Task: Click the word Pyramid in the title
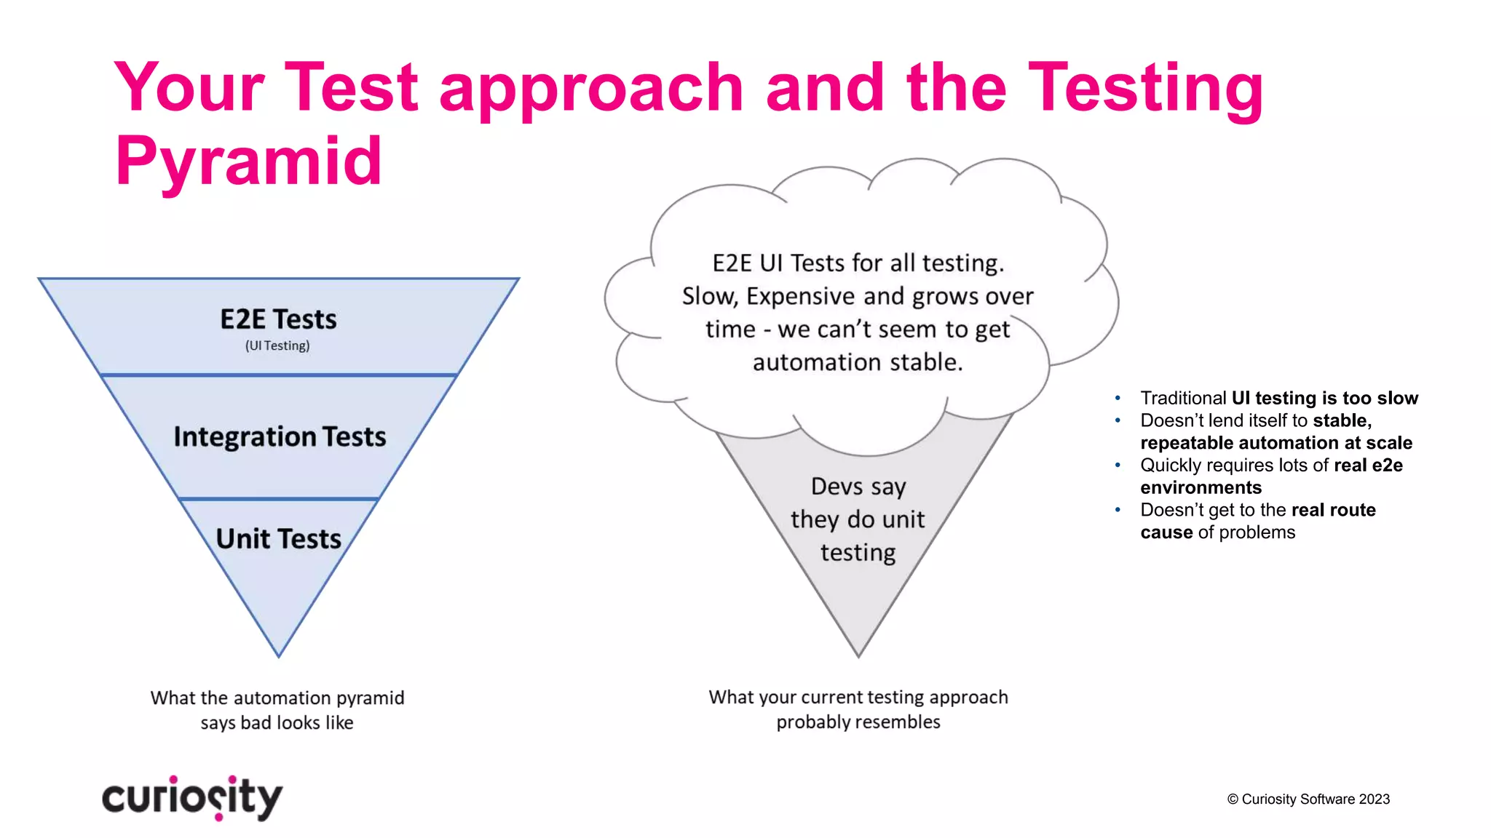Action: (248, 161)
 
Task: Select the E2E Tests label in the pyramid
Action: (278, 319)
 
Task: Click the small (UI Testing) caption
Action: (277, 346)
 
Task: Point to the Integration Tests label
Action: (280, 436)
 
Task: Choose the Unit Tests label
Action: (279, 539)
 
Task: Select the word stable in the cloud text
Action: (928, 362)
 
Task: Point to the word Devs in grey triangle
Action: (837, 486)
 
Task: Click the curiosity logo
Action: (192, 797)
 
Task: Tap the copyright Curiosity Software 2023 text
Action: (1308, 799)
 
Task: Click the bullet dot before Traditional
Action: (1118, 398)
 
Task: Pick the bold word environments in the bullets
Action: (1201, 487)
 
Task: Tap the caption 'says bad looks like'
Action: (277, 722)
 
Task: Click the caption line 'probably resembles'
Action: (858, 722)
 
